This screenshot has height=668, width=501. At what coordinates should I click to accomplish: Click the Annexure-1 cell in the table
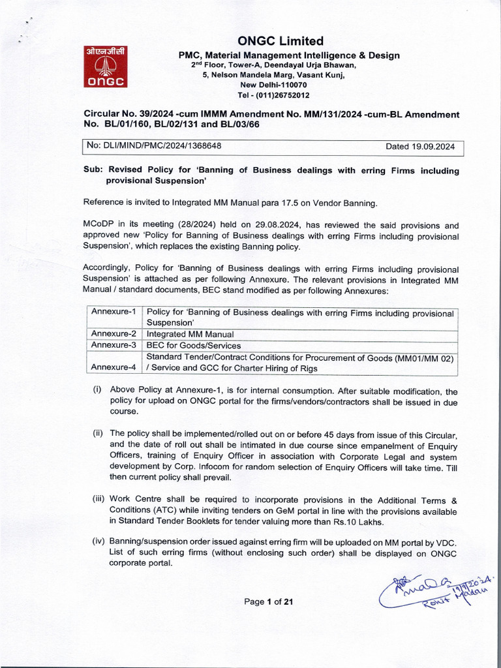click(114, 312)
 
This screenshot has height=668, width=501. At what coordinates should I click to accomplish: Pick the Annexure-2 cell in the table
click(114, 333)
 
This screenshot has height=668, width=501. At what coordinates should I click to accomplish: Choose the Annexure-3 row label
click(114, 344)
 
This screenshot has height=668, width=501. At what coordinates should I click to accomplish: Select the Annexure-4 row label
click(114, 367)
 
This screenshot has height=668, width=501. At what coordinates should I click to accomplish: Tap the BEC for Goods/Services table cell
click(194, 345)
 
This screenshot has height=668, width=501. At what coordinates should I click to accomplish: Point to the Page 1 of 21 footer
click(268, 601)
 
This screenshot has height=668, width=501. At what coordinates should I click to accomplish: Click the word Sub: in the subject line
click(93, 170)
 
